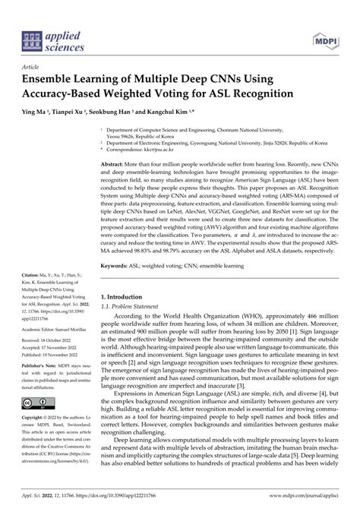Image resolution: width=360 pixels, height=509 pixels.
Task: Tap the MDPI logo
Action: (324, 39)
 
